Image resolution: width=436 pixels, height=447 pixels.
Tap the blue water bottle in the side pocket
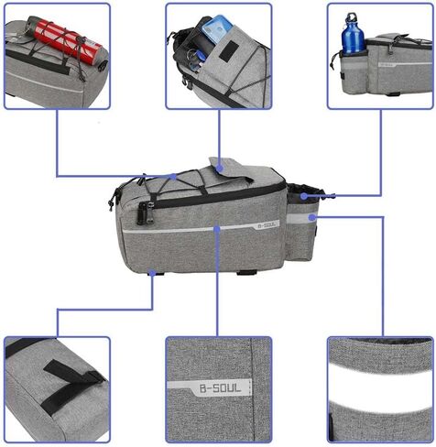coord(353,35)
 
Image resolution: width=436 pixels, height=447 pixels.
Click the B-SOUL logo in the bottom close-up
coord(220,388)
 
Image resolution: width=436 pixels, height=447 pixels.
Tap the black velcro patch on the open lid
coord(229,50)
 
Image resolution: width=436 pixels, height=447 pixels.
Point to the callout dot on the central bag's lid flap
coord(219,168)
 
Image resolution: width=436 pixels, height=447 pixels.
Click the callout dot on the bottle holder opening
coord(303,196)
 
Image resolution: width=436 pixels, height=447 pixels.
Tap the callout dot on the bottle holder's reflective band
coord(311,217)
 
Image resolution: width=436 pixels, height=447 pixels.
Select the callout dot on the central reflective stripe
coord(217,229)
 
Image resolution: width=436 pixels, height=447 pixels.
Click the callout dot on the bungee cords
coord(174,177)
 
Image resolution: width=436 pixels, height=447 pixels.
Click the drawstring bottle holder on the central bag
coord(301,223)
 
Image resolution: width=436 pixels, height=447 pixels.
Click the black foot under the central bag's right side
coord(245,272)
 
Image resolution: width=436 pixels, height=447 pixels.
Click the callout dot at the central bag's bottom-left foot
coord(152,273)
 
